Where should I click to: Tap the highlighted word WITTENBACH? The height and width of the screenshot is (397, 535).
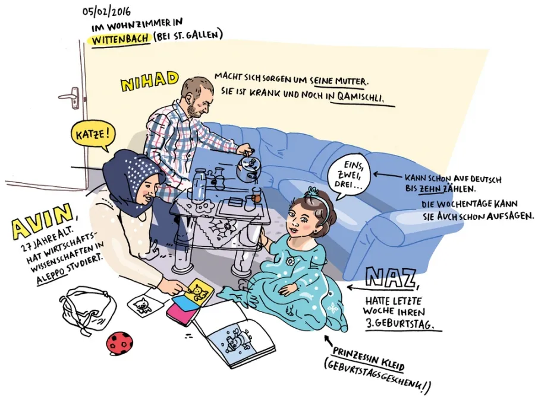(121, 39)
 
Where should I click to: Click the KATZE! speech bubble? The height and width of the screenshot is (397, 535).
(93, 135)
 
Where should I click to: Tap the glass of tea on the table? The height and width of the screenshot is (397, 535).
(257, 195)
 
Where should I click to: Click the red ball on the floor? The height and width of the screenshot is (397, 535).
(119, 344)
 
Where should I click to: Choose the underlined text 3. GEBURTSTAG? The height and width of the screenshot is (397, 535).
(400, 324)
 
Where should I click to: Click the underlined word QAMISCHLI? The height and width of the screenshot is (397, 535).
(361, 98)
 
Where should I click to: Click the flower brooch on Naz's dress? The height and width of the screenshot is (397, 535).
(290, 261)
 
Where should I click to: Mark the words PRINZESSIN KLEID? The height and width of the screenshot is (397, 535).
(369, 359)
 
